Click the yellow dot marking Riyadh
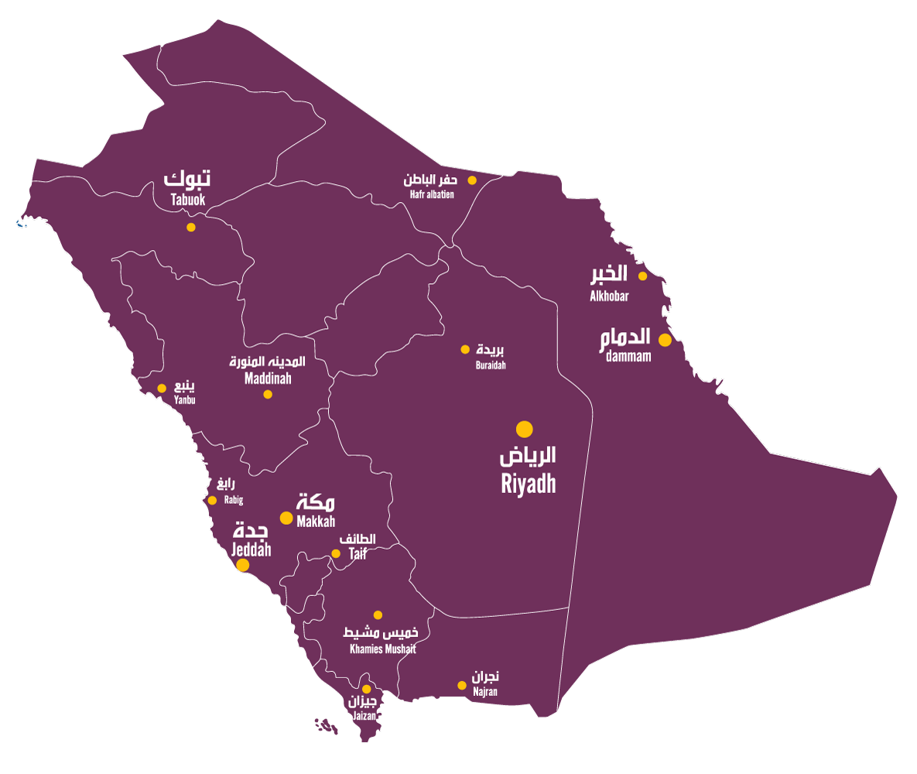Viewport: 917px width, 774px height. click(x=525, y=429)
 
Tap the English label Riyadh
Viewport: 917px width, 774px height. click(x=529, y=485)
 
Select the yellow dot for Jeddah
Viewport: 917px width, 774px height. click(x=242, y=565)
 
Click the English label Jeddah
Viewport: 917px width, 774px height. click(x=251, y=550)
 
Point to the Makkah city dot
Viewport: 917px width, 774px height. click(x=286, y=518)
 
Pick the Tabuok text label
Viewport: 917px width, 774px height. click(x=188, y=200)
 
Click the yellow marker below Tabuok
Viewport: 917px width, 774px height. click(x=191, y=228)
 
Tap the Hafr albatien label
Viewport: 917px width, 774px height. click(x=432, y=194)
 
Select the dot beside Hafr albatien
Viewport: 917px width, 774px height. click(x=471, y=180)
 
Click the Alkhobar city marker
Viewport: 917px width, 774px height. click(x=642, y=276)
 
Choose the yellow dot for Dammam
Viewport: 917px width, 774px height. click(x=665, y=340)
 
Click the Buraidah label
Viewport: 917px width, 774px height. click(x=491, y=365)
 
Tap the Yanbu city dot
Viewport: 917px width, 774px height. click(x=162, y=389)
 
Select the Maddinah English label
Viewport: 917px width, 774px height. click(x=267, y=379)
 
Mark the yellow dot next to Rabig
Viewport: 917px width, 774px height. click(x=212, y=500)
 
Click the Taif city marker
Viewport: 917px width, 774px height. click(x=336, y=553)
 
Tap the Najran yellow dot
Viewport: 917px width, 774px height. click(x=462, y=685)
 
